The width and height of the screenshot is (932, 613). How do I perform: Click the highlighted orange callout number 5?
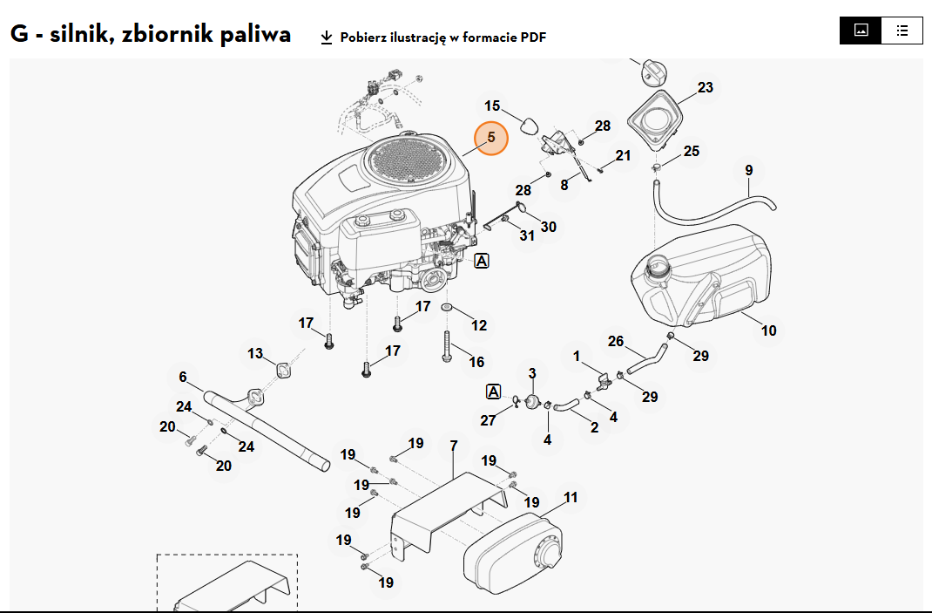coord(491,138)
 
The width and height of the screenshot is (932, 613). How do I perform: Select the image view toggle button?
coord(861,31)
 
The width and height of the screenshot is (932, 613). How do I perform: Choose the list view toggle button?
coord(902,31)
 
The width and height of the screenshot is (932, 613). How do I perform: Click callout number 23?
coord(705,87)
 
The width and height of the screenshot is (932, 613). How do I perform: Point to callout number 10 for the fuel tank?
coord(768,330)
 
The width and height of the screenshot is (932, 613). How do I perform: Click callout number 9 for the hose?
coord(749,171)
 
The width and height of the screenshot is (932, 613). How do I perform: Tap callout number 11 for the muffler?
coord(571,498)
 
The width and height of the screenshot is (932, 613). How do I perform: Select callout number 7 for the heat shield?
coord(454,446)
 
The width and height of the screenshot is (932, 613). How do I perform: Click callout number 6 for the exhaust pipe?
coord(183,377)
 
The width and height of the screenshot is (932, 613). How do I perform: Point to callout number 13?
coord(255,353)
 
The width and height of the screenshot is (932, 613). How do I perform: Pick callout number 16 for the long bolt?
coord(476,362)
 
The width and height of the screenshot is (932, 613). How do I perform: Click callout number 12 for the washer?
coord(479,325)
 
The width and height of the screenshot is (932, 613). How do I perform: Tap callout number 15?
coord(492,106)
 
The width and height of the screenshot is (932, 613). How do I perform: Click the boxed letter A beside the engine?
coord(482,261)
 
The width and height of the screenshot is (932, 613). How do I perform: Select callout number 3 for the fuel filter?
coord(532,373)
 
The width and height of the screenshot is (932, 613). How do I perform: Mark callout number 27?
coord(488,421)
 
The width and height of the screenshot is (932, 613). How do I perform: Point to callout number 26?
coord(616,341)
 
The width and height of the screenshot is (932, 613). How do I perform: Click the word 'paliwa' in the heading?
coord(255,34)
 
